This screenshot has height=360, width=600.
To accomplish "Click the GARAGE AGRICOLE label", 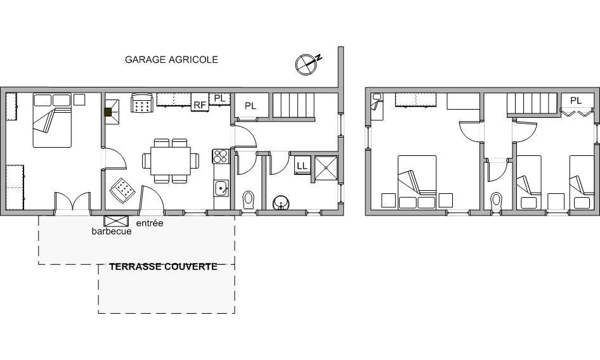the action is [171, 60].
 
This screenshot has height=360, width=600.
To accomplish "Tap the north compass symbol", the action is [307, 64].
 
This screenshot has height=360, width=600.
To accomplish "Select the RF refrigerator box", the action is [200, 102].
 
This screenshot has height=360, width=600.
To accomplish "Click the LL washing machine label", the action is [302, 165].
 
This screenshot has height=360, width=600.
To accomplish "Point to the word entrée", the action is [150, 223].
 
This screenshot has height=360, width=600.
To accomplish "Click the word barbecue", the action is [112, 231].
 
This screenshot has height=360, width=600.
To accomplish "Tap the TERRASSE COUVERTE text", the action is [164, 267].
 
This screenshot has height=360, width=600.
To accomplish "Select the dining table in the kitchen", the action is [171, 161].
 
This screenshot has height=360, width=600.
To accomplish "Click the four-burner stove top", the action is [221, 157].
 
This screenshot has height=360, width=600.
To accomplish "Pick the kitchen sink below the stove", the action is [221, 188].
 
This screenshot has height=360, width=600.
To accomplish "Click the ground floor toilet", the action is [248, 200].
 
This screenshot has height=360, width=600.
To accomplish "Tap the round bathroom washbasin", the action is [281, 203].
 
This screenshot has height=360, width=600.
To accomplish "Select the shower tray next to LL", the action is [327, 168].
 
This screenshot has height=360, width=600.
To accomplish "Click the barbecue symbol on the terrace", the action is [116, 221].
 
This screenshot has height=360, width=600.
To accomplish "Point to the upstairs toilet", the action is [497, 201].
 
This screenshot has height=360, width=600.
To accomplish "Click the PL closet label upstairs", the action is [576, 101].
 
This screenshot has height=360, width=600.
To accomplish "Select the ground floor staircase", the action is [294, 107].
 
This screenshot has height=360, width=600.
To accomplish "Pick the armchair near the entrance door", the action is [122, 190].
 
